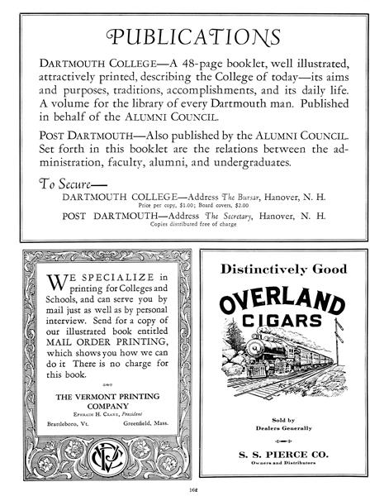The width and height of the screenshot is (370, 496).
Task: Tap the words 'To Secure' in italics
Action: click(x=69, y=183)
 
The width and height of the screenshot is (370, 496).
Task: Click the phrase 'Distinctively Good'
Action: click(x=277, y=269)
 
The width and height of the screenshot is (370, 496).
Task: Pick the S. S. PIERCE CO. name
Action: click(x=277, y=453)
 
